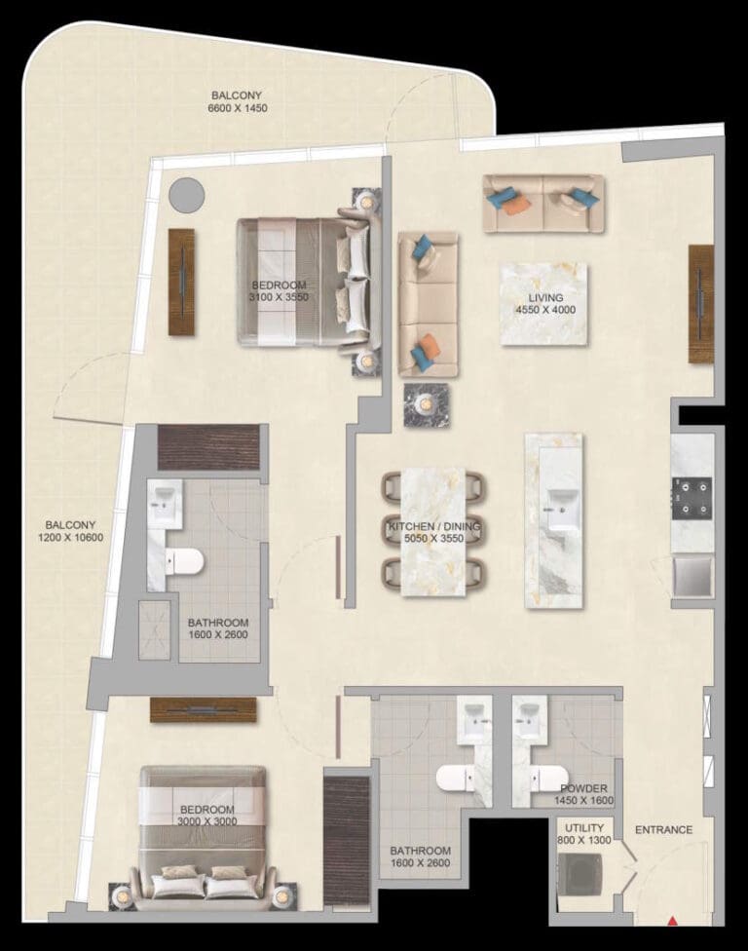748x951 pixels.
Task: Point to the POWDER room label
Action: (584, 789)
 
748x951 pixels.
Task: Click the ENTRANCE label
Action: (663, 830)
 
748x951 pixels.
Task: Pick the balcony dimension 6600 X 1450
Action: (238, 108)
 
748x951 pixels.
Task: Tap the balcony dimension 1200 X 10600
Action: (70, 537)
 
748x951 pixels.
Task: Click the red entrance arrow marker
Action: (671, 918)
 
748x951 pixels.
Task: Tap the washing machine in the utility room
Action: (582, 873)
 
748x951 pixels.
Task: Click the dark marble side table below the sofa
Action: (425, 403)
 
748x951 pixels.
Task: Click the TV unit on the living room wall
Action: (701, 304)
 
